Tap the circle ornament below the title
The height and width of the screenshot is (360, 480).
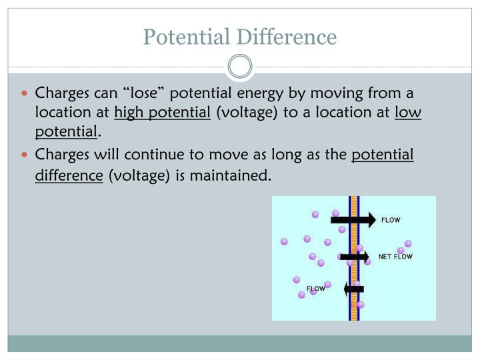(x=240, y=67)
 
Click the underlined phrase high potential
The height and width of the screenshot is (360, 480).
(x=162, y=112)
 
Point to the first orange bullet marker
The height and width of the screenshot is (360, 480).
(x=27, y=93)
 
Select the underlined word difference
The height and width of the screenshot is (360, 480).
(x=69, y=175)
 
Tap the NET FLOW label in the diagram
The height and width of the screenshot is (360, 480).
(x=395, y=256)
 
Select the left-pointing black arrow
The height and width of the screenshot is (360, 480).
(x=353, y=289)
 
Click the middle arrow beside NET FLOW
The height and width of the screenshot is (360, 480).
(x=353, y=256)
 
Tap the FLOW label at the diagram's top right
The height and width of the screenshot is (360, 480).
(x=390, y=219)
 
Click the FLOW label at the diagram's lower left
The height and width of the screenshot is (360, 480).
(x=315, y=289)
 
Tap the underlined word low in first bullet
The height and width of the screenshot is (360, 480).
(x=408, y=112)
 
